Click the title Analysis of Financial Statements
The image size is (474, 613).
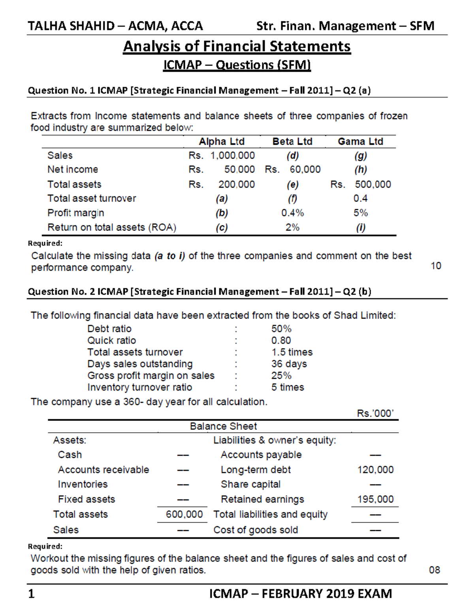[237, 47]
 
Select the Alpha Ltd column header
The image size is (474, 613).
[221, 141]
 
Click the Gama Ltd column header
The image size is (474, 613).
[360, 141]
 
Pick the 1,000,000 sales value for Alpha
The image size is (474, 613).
[232, 156]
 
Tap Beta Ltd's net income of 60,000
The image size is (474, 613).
[305, 169]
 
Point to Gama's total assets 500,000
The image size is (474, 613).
[372, 184]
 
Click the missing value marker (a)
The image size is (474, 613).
[222, 199]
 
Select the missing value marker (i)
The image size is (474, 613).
[361, 228]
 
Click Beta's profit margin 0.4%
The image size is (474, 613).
[292, 213]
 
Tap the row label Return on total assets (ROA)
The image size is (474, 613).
[112, 228]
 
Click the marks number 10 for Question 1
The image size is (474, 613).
[436, 266]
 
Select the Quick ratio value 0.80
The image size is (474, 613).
[281, 340]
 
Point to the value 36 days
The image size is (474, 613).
[289, 364]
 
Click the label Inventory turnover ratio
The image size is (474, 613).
[139, 387]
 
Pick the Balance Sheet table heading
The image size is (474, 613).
[223, 426]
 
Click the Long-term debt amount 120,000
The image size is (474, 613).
[375, 470]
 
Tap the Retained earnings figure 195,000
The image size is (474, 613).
[375, 499]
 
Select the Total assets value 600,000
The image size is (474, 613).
[184, 514]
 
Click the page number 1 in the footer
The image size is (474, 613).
[32, 594]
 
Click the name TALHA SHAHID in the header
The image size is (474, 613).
[71, 26]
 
